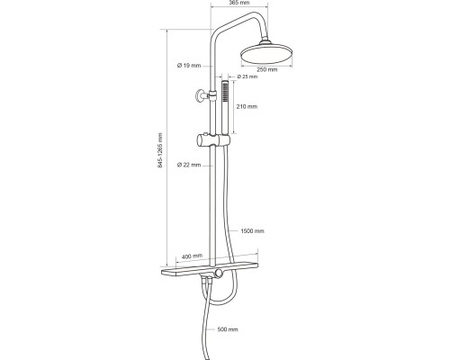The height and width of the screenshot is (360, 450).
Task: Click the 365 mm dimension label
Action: pyautogui.click(x=239, y=3)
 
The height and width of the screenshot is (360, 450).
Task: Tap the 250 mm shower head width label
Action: pyautogui.click(x=267, y=69)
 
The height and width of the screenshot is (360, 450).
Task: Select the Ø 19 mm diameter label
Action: pyautogui.click(x=189, y=66)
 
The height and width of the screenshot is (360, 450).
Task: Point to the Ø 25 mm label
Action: pyautogui.click(x=247, y=76)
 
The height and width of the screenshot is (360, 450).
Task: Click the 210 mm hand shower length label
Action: pyautogui.click(x=247, y=106)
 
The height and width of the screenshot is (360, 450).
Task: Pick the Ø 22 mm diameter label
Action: pyautogui.click(x=189, y=165)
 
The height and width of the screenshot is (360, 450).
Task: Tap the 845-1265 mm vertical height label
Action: pyautogui.click(x=160, y=150)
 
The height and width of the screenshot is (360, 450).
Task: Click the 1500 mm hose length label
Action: pyautogui.click(x=252, y=231)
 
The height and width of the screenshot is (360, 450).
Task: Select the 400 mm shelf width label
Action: pyautogui.click(x=192, y=256)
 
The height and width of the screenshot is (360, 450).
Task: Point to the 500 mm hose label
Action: pyautogui.click(x=228, y=329)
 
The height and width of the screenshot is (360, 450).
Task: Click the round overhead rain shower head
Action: pyautogui.click(x=266, y=54)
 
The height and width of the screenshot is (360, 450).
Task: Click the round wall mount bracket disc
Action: pyautogui.click(x=199, y=96)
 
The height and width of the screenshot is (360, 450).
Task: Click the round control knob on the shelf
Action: pyautogui.click(x=219, y=273)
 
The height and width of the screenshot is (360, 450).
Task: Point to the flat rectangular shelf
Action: pyautogui.click(x=210, y=268)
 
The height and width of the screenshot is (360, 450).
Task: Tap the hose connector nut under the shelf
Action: pyautogui.click(x=207, y=281)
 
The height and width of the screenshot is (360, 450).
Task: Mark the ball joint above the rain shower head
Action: pyautogui.click(x=265, y=41)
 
